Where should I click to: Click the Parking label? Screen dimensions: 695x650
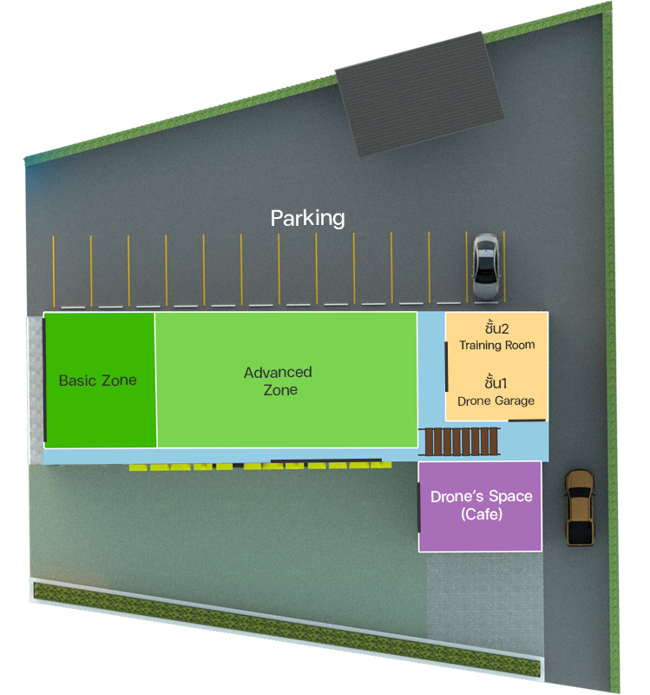point(307,217)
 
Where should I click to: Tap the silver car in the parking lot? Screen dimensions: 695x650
point(486,265)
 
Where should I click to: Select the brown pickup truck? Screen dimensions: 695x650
point(579,508)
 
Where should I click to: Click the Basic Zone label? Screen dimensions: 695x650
point(97,381)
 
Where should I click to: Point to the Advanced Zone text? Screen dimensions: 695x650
point(278,381)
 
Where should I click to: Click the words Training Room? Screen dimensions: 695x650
point(497,345)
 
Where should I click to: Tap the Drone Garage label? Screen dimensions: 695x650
point(496,400)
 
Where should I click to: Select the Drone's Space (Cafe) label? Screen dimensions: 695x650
point(482,505)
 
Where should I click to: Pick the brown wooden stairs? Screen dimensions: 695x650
point(460,442)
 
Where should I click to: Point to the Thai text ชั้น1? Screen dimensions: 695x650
point(496,383)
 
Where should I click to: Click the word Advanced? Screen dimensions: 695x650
point(278,373)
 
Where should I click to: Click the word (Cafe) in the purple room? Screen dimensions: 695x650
point(482,514)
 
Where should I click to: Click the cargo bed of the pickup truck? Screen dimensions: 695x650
point(579,526)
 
